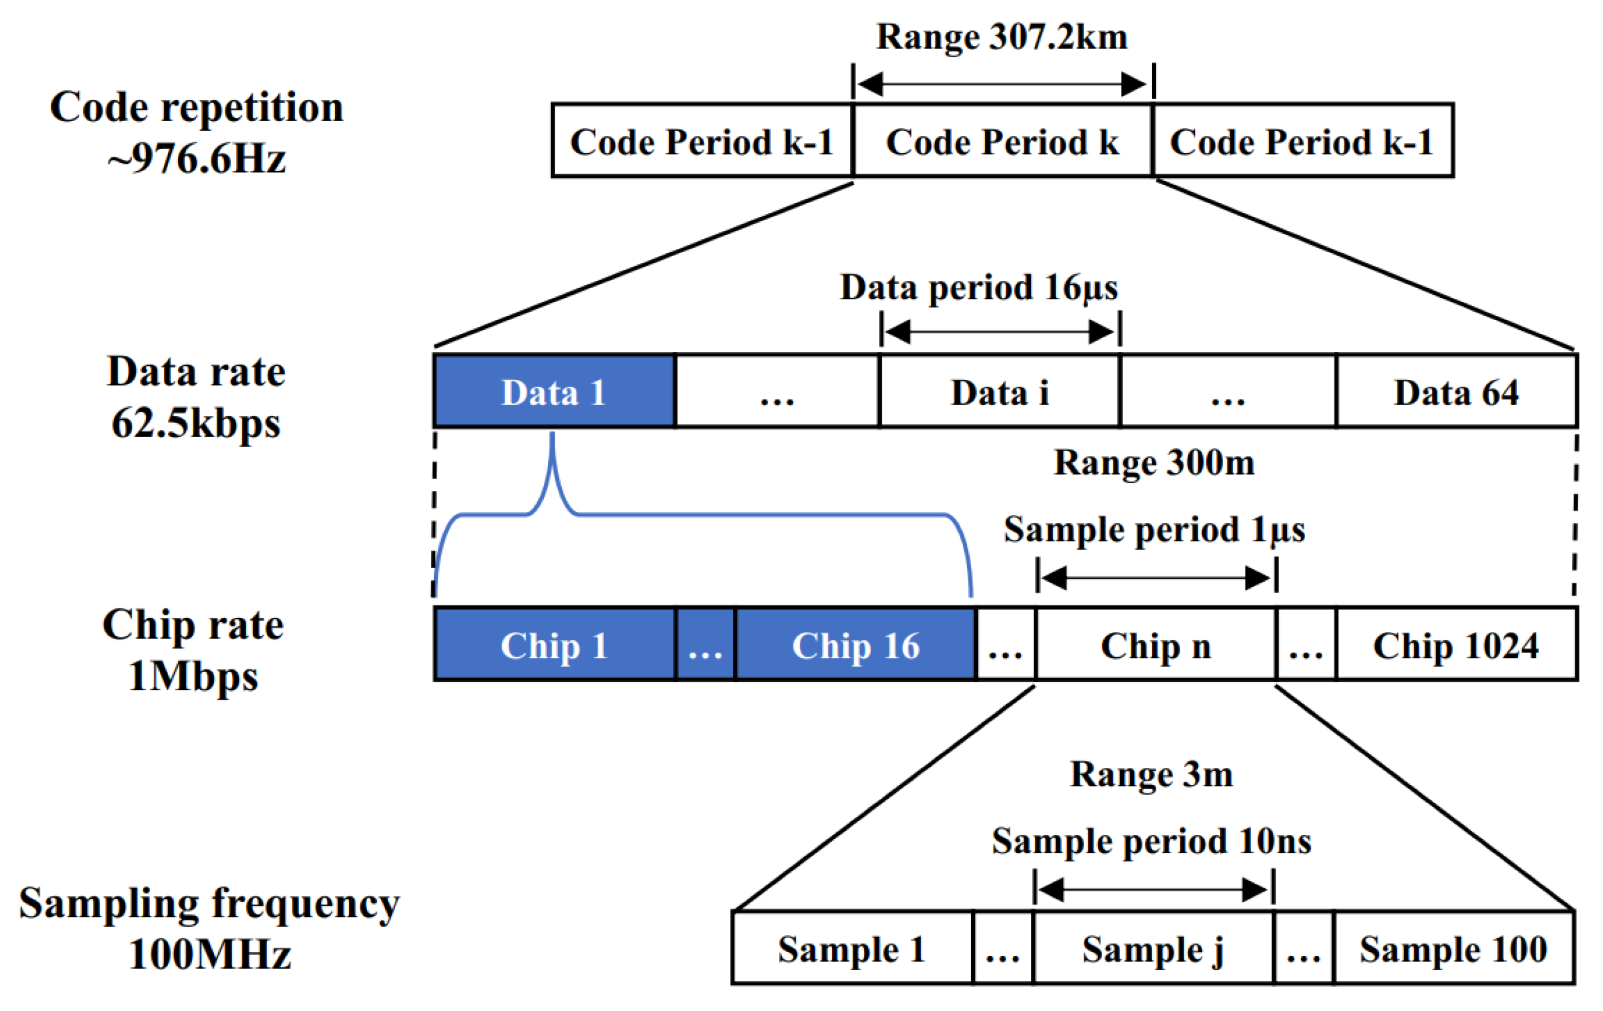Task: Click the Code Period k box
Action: (x=1002, y=141)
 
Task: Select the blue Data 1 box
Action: (x=554, y=391)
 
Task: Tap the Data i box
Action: (x=999, y=391)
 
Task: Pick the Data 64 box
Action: (x=1456, y=391)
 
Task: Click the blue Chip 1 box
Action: (x=554, y=645)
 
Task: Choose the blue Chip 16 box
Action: (x=855, y=645)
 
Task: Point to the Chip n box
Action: (x=1156, y=645)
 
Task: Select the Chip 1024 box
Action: (x=1456, y=645)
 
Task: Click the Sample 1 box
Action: (x=851, y=948)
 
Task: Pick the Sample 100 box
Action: (x=1453, y=948)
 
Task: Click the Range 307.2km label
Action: (x=1002, y=37)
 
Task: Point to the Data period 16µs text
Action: (x=978, y=288)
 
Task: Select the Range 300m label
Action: (x=1154, y=462)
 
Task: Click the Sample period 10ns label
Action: (x=1151, y=840)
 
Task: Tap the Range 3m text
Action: (x=1151, y=774)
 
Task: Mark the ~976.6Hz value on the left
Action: (x=197, y=160)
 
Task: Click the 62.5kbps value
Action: (x=196, y=423)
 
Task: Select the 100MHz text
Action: (x=209, y=954)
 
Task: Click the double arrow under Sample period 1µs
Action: (x=1156, y=578)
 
